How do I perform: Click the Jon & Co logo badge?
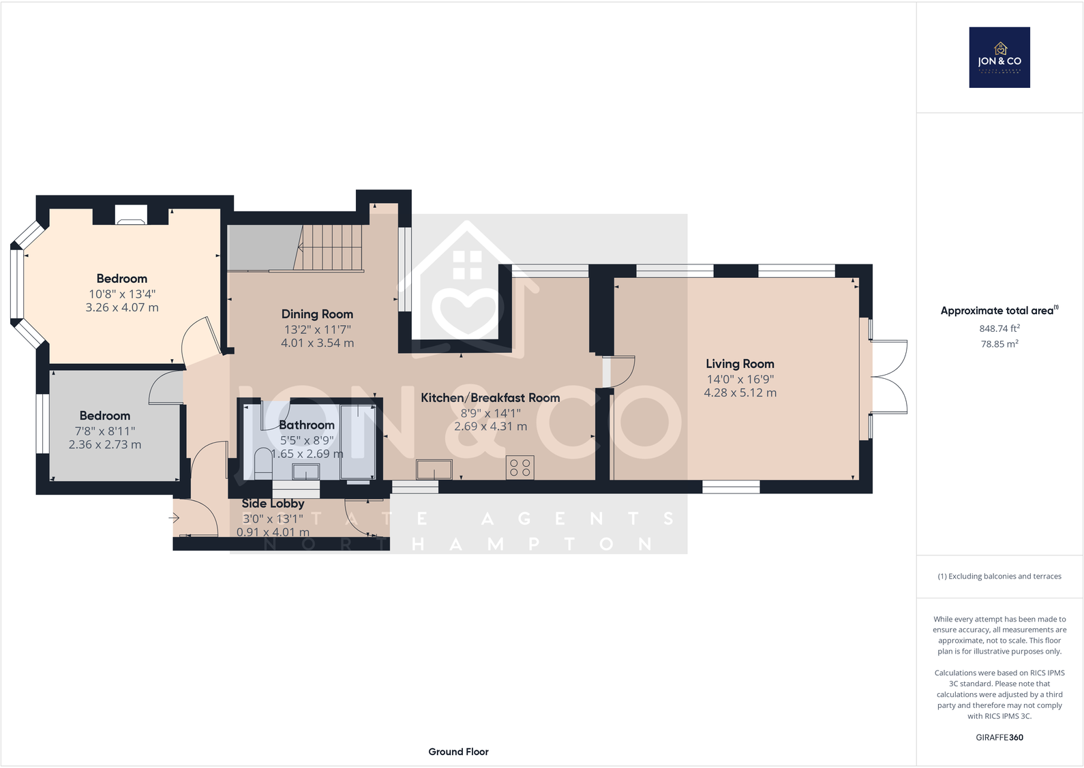[999, 57]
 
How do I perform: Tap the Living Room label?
[740, 364]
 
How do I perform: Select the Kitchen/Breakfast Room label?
[490, 398]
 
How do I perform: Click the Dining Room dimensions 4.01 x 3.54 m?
[317, 343]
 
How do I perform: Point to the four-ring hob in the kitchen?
[520, 467]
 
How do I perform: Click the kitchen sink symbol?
[434, 470]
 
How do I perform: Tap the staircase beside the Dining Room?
[331, 248]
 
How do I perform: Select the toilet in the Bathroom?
[262, 461]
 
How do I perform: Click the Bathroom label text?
[307, 425]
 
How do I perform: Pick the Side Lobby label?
[273, 504]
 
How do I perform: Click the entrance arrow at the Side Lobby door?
[174, 519]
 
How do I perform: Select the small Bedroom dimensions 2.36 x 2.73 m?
[105, 445]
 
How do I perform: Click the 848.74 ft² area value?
[999, 328]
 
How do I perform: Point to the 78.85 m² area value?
[999, 344]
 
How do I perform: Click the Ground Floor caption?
[458, 752]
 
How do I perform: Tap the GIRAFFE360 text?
[999, 737]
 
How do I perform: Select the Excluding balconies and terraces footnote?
[999, 577]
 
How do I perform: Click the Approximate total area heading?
[998, 311]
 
